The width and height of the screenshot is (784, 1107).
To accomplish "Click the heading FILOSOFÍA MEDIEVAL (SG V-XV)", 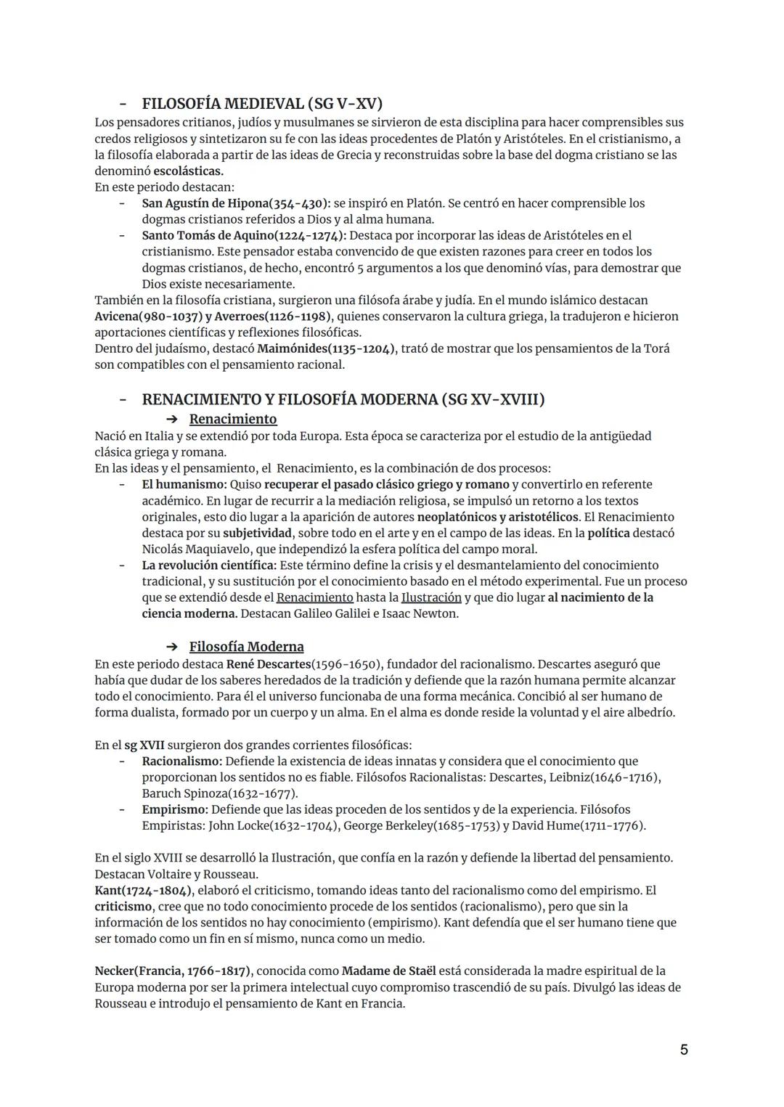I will coord(262,103).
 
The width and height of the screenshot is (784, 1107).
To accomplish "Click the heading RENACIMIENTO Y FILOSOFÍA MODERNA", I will coord(343,399).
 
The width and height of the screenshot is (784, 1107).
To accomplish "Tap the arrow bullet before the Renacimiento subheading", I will coord(172,420).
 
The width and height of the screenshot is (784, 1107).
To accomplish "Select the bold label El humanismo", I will coord(184,484).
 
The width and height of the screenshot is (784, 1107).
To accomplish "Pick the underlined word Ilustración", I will coord(431,597).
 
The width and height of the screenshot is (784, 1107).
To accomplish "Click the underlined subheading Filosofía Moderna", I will coord(246,647).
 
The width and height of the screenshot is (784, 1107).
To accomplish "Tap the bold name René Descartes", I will coord(268,664).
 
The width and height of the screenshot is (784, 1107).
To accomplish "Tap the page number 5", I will coord(684,1050).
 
